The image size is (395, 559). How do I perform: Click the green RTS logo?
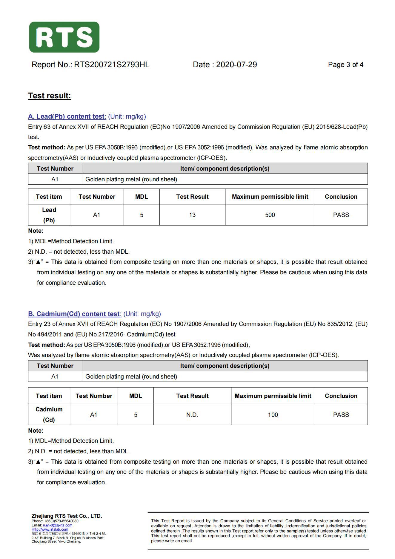[64, 37]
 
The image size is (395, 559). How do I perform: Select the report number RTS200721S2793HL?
[112, 65]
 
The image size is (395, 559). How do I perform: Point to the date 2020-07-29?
[236, 65]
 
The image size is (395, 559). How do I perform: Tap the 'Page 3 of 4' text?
[345, 65]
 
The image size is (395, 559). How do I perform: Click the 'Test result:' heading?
[50, 96]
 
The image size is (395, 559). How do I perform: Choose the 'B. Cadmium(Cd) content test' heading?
[74, 314]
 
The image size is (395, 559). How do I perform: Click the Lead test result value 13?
[192, 215]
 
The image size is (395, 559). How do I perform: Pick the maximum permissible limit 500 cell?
[270, 215]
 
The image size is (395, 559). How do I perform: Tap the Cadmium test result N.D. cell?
[192, 415]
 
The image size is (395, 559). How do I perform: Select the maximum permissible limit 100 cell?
[273, 415]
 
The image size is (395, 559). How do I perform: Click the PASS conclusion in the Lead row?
[341, 215]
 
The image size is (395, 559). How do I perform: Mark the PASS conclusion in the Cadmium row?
[341, 415]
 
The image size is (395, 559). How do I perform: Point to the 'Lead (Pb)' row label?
[49, 215]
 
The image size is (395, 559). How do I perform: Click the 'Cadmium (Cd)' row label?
[49, 414]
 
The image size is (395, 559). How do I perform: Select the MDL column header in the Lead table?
[142, 197]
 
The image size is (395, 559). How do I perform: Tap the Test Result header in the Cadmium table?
[192, 396]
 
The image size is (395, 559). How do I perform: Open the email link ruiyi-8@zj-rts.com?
[58, 525]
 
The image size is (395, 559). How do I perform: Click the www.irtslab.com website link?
[50, 529]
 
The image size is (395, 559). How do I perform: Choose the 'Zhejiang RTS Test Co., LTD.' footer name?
[67, 516]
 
